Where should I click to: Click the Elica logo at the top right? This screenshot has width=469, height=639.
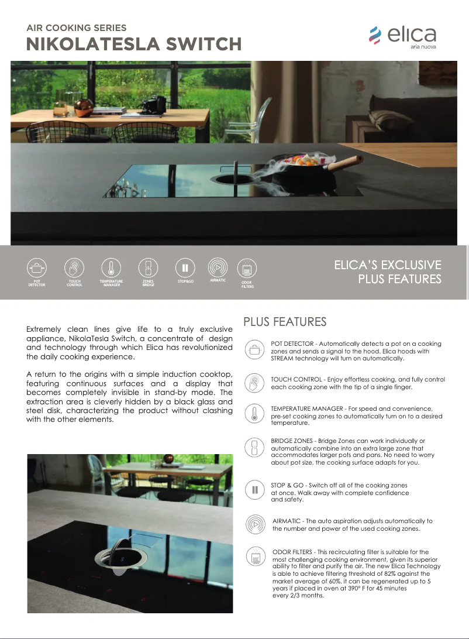click(402, 37)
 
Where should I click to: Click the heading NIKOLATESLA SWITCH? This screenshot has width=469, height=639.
click(134, 44)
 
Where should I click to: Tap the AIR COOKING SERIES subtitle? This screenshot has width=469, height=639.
click(77, 28)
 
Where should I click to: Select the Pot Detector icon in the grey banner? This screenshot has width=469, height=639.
click(37, 268)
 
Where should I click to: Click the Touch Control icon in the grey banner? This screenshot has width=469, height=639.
click(74, 268)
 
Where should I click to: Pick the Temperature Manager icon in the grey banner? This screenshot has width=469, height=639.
click(111, 268)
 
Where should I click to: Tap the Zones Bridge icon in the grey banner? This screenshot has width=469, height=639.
click(148, 268)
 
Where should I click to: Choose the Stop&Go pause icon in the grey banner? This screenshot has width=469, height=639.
click(185, 267)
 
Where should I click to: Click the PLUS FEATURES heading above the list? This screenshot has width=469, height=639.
click(285, 322)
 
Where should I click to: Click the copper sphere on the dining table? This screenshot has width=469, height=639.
click(82, 106)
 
